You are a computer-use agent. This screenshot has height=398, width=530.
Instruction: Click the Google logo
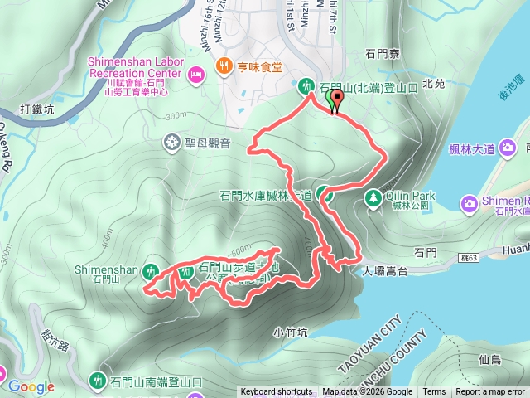[31, 386]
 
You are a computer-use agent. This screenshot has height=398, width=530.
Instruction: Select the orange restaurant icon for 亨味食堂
[222, 66]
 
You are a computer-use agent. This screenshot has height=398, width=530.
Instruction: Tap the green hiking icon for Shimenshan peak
[151, 270]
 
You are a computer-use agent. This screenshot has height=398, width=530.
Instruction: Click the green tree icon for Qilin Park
[373, 197]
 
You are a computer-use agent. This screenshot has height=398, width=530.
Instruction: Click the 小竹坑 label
[291, 332]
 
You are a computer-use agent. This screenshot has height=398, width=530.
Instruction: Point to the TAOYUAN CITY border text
[369, 343]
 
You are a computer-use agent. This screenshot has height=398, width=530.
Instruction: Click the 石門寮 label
[383, 54]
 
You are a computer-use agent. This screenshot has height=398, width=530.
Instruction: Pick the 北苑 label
[434, 84]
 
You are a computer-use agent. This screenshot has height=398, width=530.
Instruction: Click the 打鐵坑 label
[38, 109]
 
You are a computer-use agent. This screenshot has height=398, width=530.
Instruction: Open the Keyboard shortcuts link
[277, 392]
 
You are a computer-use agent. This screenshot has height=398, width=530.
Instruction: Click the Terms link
[434, 392]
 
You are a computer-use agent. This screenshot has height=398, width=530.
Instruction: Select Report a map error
[491, 392]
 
